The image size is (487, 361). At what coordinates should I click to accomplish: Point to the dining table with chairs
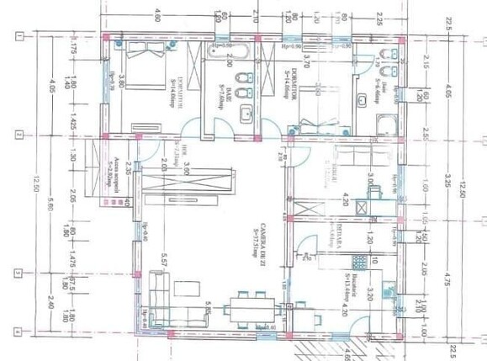point(249,311)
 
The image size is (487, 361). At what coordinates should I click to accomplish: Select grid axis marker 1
point(19,35)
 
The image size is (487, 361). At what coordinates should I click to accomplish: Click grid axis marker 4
point(19,332)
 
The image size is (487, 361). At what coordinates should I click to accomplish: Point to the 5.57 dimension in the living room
point(165,268)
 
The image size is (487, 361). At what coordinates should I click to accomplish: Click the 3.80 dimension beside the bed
point(122,82)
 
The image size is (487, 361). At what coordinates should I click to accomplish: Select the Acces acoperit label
point(114,173)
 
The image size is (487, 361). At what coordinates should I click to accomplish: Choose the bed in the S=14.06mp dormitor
point(317,125)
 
